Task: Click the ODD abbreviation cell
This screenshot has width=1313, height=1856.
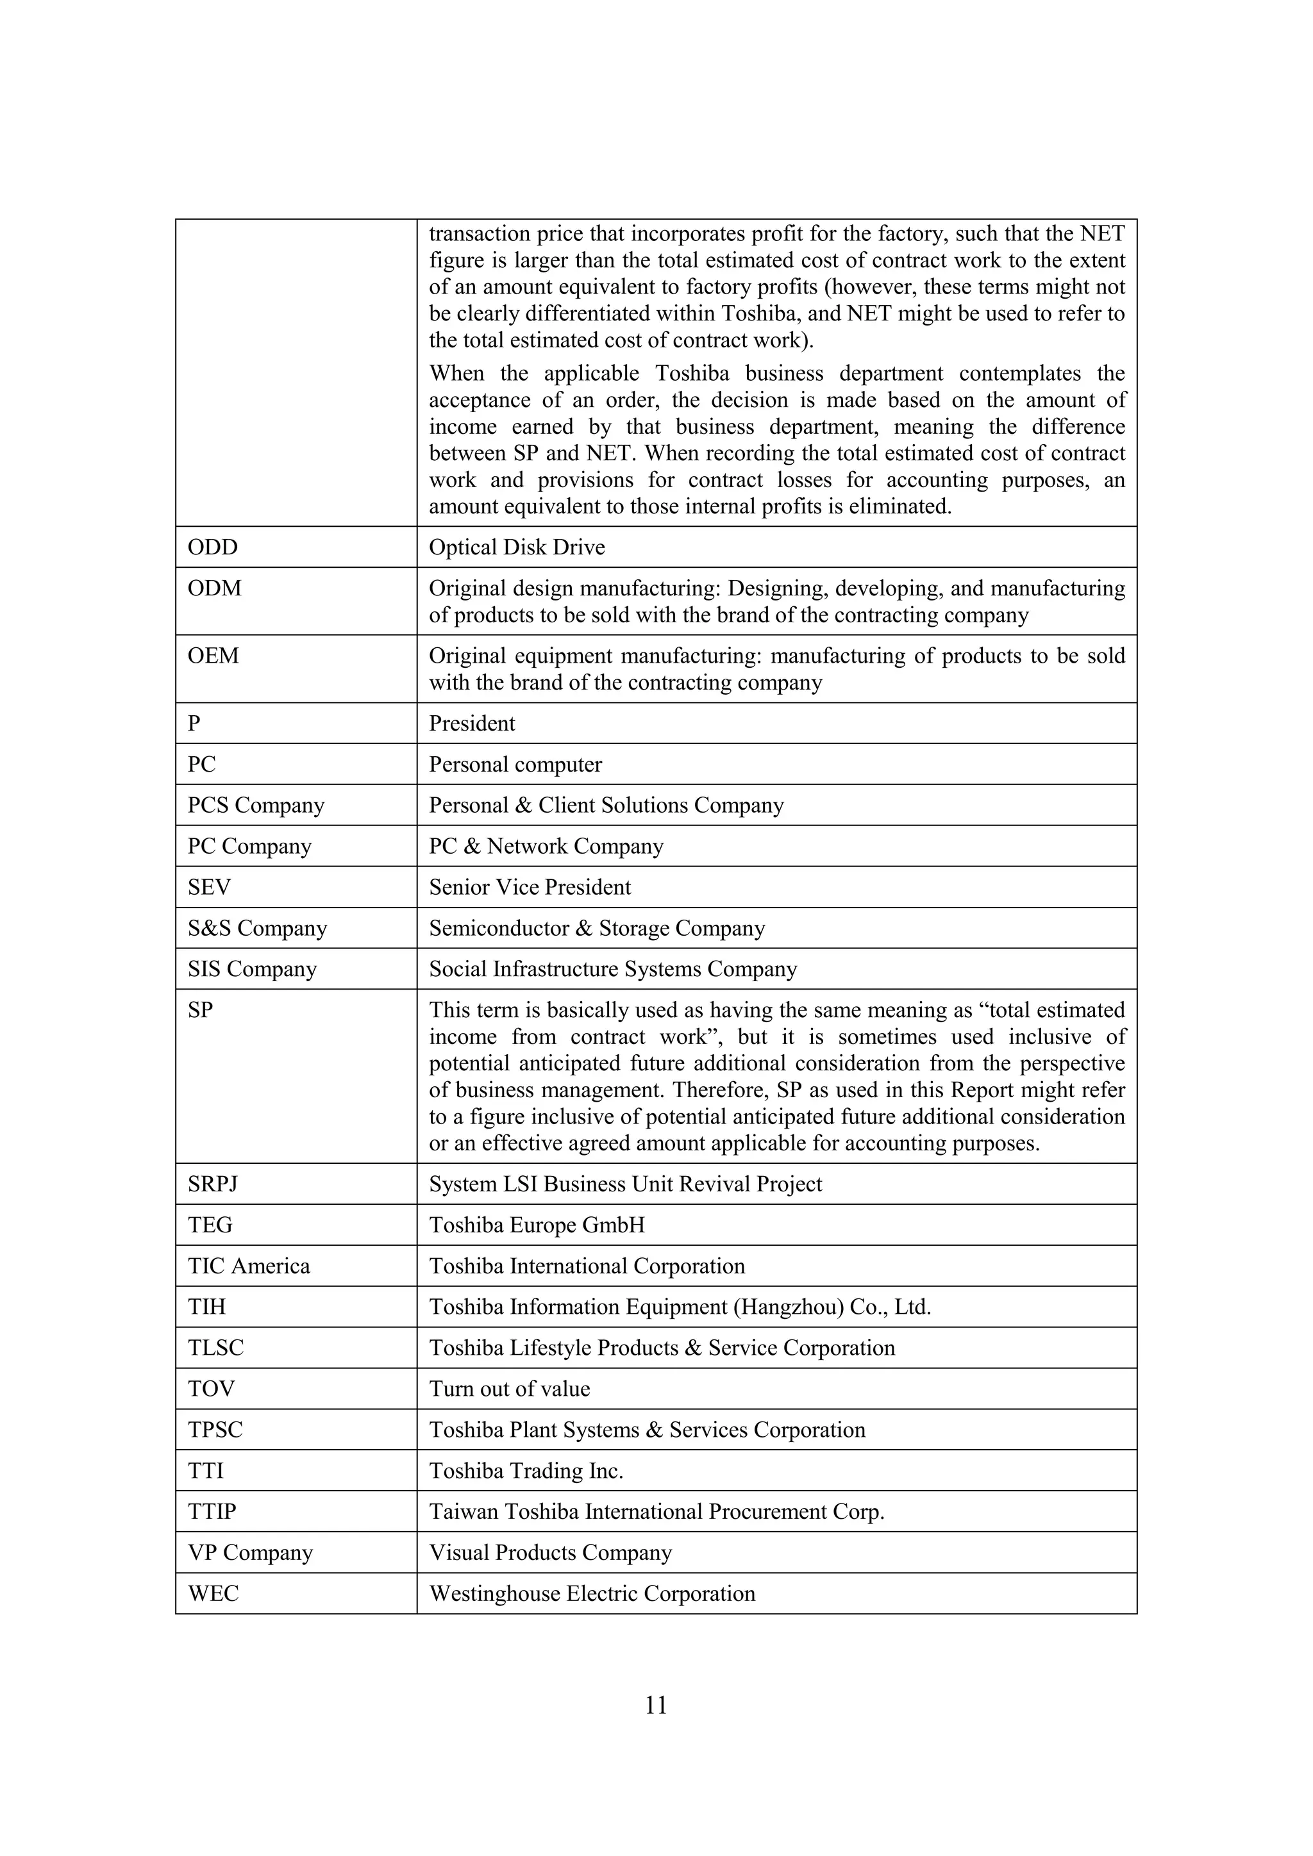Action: [213, 547]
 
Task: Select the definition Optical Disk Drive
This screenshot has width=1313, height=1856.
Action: [517, 547]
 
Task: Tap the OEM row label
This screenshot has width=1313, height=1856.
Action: [213, 656]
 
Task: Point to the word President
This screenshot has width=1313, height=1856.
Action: [471, 724]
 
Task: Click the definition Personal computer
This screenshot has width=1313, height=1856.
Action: [515, 765]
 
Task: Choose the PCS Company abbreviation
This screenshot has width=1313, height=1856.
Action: [256, 805]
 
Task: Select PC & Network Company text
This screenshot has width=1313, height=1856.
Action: [546, 847]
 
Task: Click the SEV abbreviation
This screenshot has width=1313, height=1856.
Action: [210, 888]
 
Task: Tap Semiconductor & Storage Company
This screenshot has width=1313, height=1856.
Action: [597, 928]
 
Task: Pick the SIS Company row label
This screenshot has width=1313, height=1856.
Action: [252, 969]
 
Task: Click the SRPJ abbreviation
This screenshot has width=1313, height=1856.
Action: [213, 1184]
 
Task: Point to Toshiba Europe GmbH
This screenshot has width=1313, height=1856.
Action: [537, 1225]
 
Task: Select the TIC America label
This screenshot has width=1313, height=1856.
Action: [249, 1266]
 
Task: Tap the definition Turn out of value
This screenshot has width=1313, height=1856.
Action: [509, 1389]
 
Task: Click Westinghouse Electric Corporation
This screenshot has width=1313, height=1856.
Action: [592, 1593]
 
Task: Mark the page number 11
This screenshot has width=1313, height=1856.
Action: [656, 1705]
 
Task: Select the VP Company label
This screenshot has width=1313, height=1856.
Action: [250, 1553]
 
